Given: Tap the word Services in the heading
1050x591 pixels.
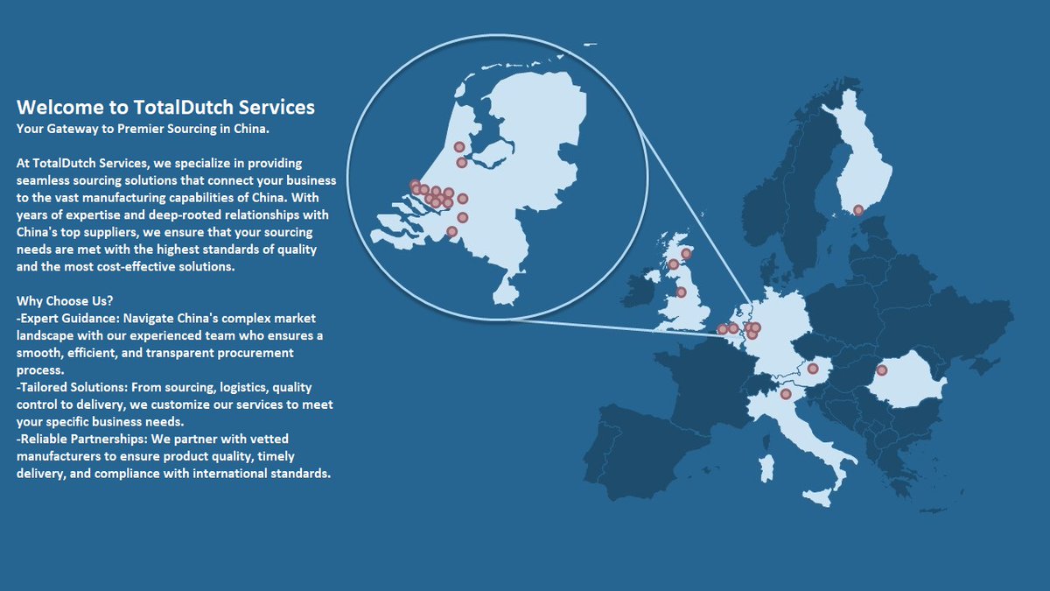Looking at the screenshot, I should click(x=272, y=108).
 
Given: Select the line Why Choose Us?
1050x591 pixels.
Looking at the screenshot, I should click(x=64, y=301).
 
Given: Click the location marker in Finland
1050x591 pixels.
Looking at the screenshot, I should click(x=858, y=210).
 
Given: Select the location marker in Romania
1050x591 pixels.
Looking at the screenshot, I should click(x=882, y=370).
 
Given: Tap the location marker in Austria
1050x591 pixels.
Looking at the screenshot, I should click(x=812, y=369).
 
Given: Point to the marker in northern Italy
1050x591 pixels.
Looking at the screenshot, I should click(x=786, y=394).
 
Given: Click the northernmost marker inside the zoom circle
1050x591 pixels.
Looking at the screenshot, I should click(x=459, y=147).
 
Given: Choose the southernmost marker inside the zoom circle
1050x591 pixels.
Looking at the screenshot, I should click(x=451, y=232).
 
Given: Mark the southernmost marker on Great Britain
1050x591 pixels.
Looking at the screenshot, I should click(x=681, y=292).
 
